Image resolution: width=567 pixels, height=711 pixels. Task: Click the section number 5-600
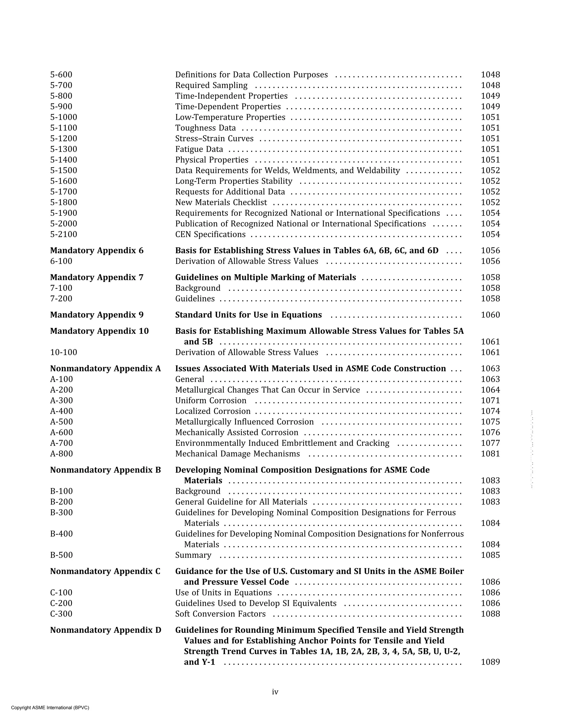[x=61, y=75]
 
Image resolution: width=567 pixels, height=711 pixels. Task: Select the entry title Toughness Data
[x=205, y=128]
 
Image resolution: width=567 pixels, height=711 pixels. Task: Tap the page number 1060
[x=490, y=315]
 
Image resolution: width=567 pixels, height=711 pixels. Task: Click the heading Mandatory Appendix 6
[x=97, y=251]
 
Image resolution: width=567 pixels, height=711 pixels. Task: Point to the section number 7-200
[x=61, y=299]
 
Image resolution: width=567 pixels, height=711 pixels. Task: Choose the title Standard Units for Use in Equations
[x=248, y=315]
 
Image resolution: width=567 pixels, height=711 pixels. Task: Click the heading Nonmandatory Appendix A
[x=105, y=369]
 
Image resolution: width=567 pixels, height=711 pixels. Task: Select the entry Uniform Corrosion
[x=211, y=401]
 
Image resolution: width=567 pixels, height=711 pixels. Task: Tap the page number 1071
[x=490, y=401]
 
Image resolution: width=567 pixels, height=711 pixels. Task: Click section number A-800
[x=61, y=454]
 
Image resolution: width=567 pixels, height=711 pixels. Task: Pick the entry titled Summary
[x=193, y=555]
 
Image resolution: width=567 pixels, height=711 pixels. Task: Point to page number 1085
[x=490, y=555]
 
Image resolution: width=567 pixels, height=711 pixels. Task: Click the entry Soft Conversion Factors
[x=220, y=614]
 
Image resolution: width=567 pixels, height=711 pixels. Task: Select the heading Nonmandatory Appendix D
[x=105, y=630]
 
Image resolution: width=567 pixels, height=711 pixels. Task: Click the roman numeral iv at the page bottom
[x=275, y=692]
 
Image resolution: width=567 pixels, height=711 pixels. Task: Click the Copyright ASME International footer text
[x=50, y=707]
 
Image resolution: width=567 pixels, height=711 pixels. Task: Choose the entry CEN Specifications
[x=210, y=235]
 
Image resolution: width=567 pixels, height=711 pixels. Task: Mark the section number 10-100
[x=63, y=352]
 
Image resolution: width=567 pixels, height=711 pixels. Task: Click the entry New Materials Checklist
[x=221, y=203]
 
